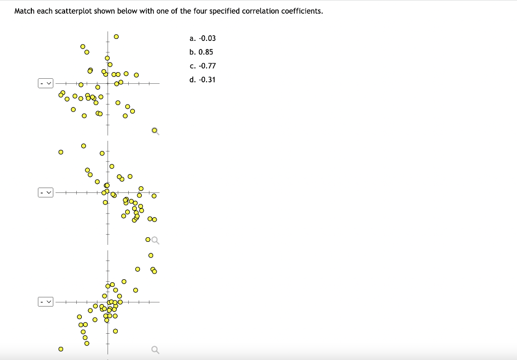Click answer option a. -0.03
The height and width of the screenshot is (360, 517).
202,38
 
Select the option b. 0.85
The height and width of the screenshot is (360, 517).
201,52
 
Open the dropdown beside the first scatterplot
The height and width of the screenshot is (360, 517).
45,83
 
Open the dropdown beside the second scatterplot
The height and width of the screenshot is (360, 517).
45,192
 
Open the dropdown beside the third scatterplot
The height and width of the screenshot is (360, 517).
45,302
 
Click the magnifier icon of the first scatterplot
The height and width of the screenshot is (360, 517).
156,131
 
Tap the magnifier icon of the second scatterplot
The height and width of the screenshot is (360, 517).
156,239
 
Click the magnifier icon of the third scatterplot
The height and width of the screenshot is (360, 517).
156,349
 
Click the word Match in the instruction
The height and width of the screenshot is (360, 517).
25,11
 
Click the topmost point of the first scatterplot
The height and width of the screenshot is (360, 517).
116,36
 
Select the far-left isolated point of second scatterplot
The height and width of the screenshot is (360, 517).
61,151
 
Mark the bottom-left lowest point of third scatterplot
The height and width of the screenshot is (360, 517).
61,348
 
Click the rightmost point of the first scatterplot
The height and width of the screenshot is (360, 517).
136,75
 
